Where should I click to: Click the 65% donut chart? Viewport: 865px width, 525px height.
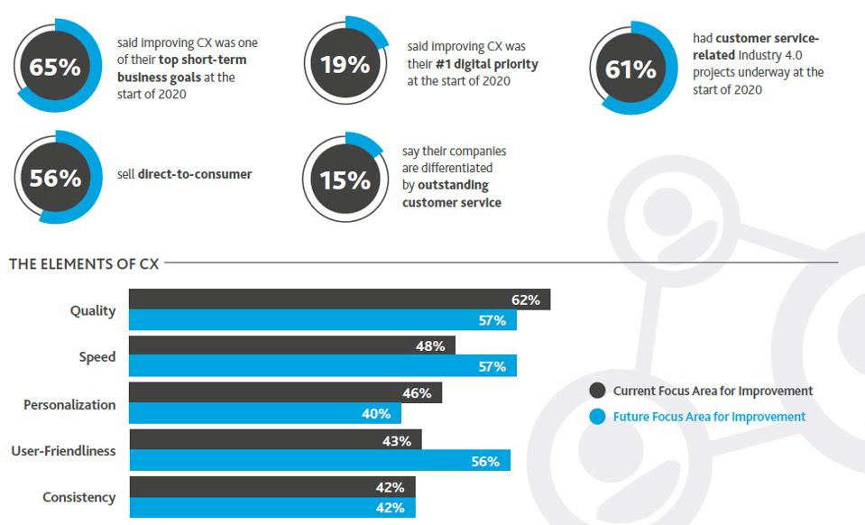pyautogui.click(x=56, y=69)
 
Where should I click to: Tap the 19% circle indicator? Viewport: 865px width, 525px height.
pyautogui.click(x=345, y=65)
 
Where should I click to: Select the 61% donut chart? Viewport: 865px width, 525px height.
pyautogui.click(x=630, y=69)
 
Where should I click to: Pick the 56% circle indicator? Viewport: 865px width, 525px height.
pyautogui.click(x=56, y=179)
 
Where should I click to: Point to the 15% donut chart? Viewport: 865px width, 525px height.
pyautogui.click(x=345, y=180)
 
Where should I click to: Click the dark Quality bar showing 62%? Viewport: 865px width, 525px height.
pyautogui.click(x=339, y=299)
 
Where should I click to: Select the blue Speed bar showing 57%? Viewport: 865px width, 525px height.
pyautogui.click(x=322, y=366)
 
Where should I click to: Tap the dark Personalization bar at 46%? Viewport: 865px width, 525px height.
pyautogui.click(x=285, y=393)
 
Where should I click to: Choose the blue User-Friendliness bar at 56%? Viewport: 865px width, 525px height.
pyautogui.click(x=319, y=460)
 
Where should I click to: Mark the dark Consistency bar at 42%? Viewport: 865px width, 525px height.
pyautogui.click(x=271, y=486)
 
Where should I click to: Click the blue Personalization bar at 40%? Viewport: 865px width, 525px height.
pyautogui.click(x=264, y=414)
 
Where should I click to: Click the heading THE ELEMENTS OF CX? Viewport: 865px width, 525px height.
pyautogui.click(x=84, y=263)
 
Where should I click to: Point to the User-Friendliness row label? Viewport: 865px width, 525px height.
pyautogui.click(x=63, y=450)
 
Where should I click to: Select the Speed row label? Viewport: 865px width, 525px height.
pyautogui.click(x=97, y=356)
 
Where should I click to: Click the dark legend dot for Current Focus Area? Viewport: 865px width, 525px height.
pyautogui.click(x=597, y=391)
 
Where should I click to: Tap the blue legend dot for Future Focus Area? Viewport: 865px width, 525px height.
pyautogui.click(x=597, y=417)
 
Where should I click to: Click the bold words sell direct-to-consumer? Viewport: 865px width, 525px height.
pyautogui.click(x=194, y=174)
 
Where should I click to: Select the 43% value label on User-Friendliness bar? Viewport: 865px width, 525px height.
pyautogui.click(x=397, y=441)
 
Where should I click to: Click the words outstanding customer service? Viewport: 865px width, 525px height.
pyautogui.click(x=451, y=194)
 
